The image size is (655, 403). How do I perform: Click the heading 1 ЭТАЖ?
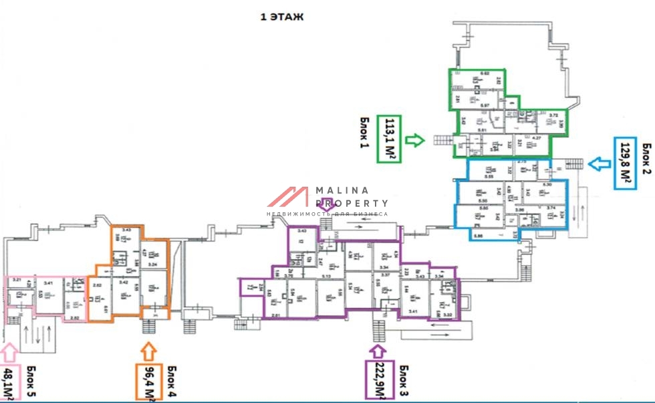(281, 17)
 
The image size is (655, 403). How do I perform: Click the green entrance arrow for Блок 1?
(415, 140)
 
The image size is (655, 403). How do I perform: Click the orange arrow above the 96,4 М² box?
(148, 351)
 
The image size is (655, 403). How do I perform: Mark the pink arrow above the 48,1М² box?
(9, 351)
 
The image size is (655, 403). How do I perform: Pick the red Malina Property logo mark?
(289, 197)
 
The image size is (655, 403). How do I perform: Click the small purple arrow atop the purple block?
(327, 203)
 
